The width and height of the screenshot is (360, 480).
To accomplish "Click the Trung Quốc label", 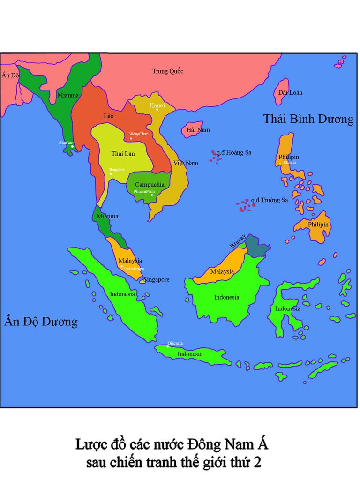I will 167,71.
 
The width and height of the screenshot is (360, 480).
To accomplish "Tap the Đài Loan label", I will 290,92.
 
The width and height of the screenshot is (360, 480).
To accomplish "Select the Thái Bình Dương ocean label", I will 308,119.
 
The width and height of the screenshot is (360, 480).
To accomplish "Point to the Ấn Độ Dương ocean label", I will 40,322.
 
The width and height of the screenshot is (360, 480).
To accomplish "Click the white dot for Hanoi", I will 157,110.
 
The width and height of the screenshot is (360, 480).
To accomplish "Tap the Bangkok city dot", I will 111,174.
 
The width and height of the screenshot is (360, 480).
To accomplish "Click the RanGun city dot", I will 72,146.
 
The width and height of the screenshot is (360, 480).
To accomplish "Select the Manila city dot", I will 280,163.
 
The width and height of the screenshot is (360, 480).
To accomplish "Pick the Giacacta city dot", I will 168,346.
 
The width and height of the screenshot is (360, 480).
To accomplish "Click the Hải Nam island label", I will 198,129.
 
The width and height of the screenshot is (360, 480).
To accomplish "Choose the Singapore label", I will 157,279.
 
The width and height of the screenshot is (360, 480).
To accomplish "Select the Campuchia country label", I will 150,185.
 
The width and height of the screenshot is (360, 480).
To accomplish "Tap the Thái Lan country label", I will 123,154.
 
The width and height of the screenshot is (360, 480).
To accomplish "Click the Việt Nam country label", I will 186,163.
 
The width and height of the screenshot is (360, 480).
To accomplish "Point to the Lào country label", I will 108,115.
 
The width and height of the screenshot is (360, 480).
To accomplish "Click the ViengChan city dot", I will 131,139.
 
